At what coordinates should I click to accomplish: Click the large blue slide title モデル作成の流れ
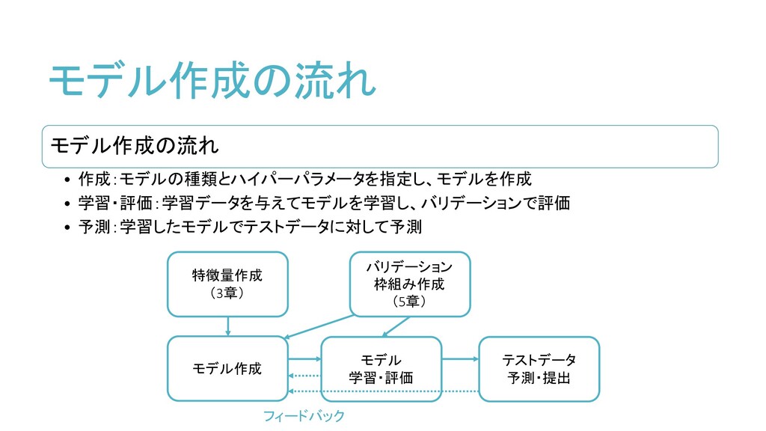pos(212,81)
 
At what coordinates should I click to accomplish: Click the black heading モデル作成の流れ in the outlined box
pos(134,144)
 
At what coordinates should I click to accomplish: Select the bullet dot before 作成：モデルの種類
pos(67,180)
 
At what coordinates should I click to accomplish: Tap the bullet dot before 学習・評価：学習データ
pos(67,204)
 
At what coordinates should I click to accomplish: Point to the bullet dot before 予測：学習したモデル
pos(67,227)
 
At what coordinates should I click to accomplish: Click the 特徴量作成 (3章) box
pos(227,284)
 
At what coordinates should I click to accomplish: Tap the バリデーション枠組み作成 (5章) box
pos(409,284)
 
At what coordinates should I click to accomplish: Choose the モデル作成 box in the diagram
pos(227,368)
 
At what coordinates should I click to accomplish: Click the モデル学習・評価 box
pos(381,368)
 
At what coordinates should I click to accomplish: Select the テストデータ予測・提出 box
pos(539,368)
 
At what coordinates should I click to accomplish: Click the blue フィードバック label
pos(304,415)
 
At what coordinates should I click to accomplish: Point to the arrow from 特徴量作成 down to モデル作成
pos(227,326)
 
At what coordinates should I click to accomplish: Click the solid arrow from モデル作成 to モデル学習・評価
pos(304,359)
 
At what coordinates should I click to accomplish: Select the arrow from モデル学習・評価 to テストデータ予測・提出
pos(460,359)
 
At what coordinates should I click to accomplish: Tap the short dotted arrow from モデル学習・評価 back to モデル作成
pos(304,376)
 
